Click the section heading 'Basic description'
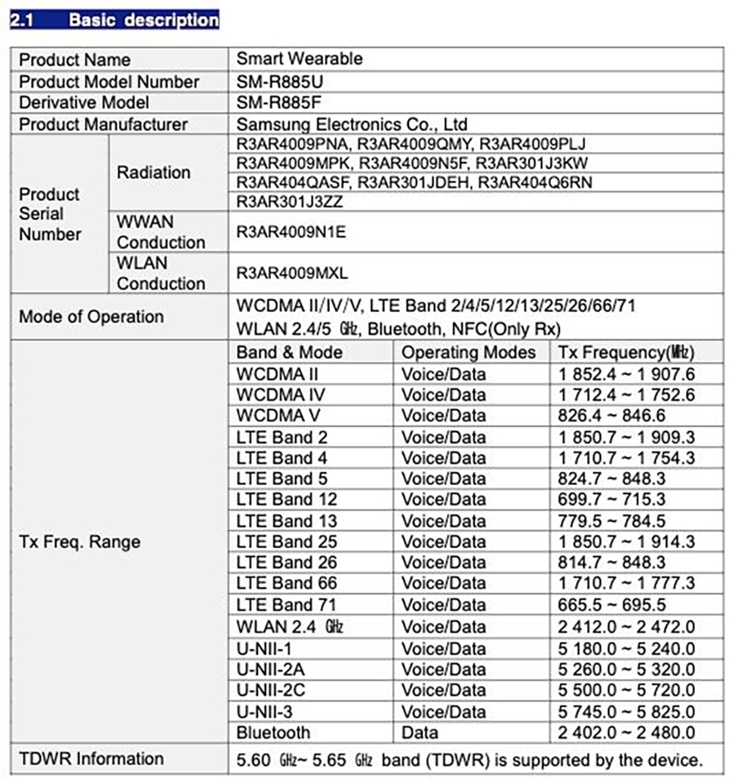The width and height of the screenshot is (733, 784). point(143,20)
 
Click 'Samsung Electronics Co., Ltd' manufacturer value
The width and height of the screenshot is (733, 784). point(352,124)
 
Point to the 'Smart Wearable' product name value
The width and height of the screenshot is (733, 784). point(299,60)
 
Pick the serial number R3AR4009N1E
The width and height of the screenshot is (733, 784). point(291,232)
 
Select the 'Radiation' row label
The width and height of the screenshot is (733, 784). point(153,172)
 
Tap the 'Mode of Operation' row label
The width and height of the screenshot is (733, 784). point(91,317)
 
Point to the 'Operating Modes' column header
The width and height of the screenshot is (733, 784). point(469,352)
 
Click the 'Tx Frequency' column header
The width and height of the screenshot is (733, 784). point(625,352)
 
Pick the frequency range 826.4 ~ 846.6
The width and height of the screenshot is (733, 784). point(612,415)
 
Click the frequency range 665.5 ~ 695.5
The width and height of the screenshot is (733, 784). point(612,605)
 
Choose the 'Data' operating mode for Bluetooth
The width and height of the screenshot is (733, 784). point(420,733)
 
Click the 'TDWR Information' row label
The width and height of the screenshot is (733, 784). point(91,759)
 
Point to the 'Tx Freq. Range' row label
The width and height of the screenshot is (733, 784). point(80,542)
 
